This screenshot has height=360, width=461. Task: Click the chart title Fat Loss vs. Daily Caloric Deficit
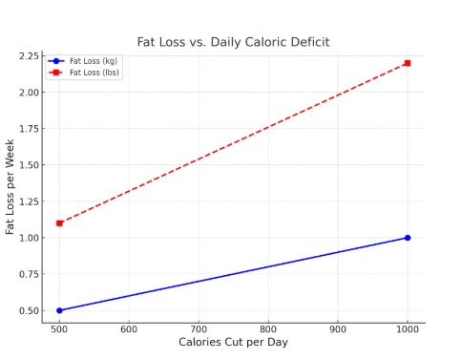(x=233, y=42)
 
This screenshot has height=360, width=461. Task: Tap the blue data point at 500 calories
(x=59, y=310)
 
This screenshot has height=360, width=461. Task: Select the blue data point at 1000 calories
(x=408, y=238)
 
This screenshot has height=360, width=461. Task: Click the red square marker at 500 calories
(x=59, y=223)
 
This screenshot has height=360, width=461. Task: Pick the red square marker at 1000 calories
(x=408, y=63)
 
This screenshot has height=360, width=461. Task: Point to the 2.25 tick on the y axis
(x=29, y=56)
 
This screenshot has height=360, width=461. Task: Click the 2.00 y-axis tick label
(x=29, y=93)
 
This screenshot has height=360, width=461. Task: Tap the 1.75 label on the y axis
(x=29, y=129)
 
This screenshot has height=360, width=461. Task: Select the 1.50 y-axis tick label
(x=29, y=165)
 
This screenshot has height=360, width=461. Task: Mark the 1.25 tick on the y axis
(x=29, y=201)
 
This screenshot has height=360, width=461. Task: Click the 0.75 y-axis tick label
(x=29, y=274)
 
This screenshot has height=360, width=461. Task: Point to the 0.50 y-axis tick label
(x=29, y=310)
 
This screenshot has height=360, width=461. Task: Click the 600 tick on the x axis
(x=129, y=329)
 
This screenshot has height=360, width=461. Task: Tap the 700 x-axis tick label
(x=199, y=329)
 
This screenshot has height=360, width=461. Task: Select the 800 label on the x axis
(x=268, y=329)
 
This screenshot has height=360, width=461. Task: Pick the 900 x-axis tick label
(x=338, y=329)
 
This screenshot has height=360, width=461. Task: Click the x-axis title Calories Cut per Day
(x=233, y=343)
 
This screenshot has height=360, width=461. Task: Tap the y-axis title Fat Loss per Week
(x=10, y=187)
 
